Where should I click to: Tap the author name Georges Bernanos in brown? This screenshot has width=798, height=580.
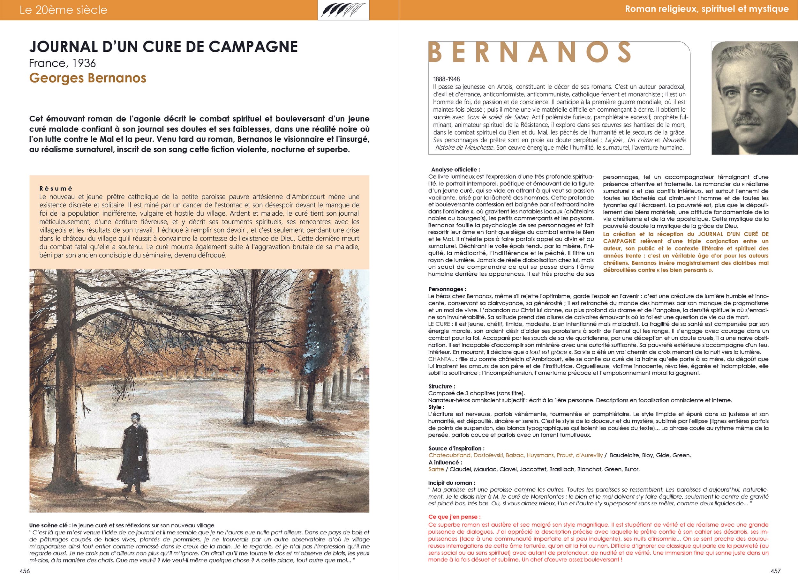(87, 78)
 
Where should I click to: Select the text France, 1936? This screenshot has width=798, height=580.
(62, 63)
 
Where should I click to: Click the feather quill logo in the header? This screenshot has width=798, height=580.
(343, 10)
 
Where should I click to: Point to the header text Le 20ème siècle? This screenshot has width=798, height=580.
(63, 10)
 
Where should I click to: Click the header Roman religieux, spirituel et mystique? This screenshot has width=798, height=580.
(706, 9)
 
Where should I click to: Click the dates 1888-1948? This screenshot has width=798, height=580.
(447, 79)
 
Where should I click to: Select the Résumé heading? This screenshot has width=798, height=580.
(56, 189)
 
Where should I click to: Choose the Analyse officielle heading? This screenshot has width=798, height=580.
(455, 169)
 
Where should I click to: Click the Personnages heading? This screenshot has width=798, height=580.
(447, 289)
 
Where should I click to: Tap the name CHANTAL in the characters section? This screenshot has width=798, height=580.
(441, 359)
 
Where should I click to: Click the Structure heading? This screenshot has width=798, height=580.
(441, 386)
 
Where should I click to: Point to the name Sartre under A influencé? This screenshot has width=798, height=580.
(436, 469)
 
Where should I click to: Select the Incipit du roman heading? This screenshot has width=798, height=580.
(451, 483)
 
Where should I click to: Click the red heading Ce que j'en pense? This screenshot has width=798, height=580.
(454, 517)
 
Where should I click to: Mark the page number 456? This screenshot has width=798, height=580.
(25, 571)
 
